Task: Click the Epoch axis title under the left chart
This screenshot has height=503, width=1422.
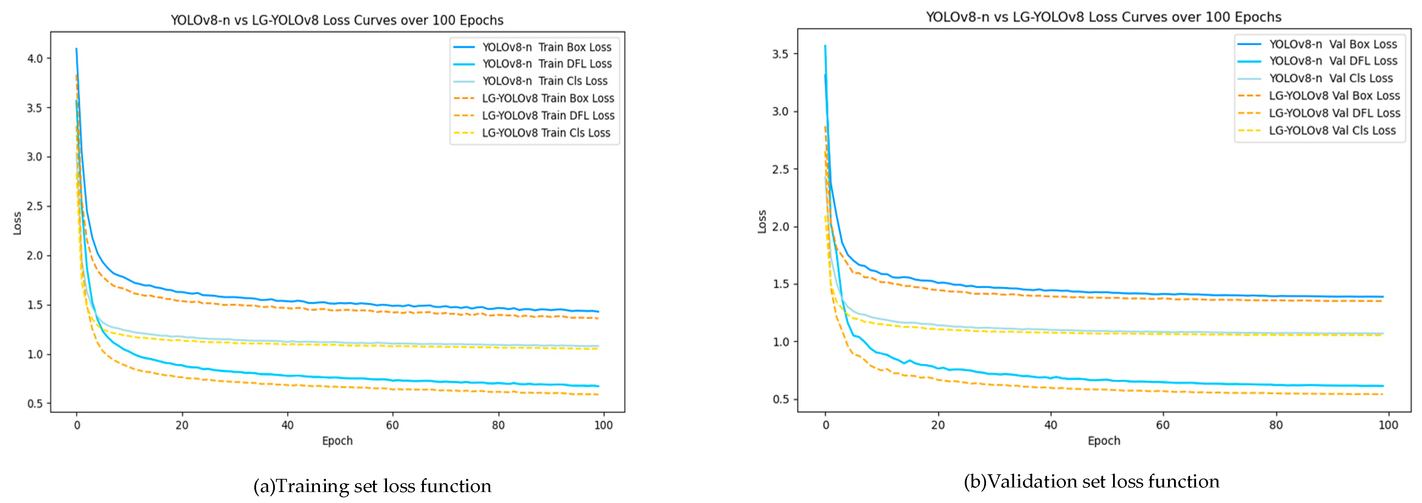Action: tap(337, 441)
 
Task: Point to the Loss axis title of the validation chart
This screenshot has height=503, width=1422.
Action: tap(762, 222)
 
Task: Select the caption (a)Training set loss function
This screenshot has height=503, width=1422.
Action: tap(372, 486)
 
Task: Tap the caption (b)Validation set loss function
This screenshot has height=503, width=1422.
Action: tap(1091, 481)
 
